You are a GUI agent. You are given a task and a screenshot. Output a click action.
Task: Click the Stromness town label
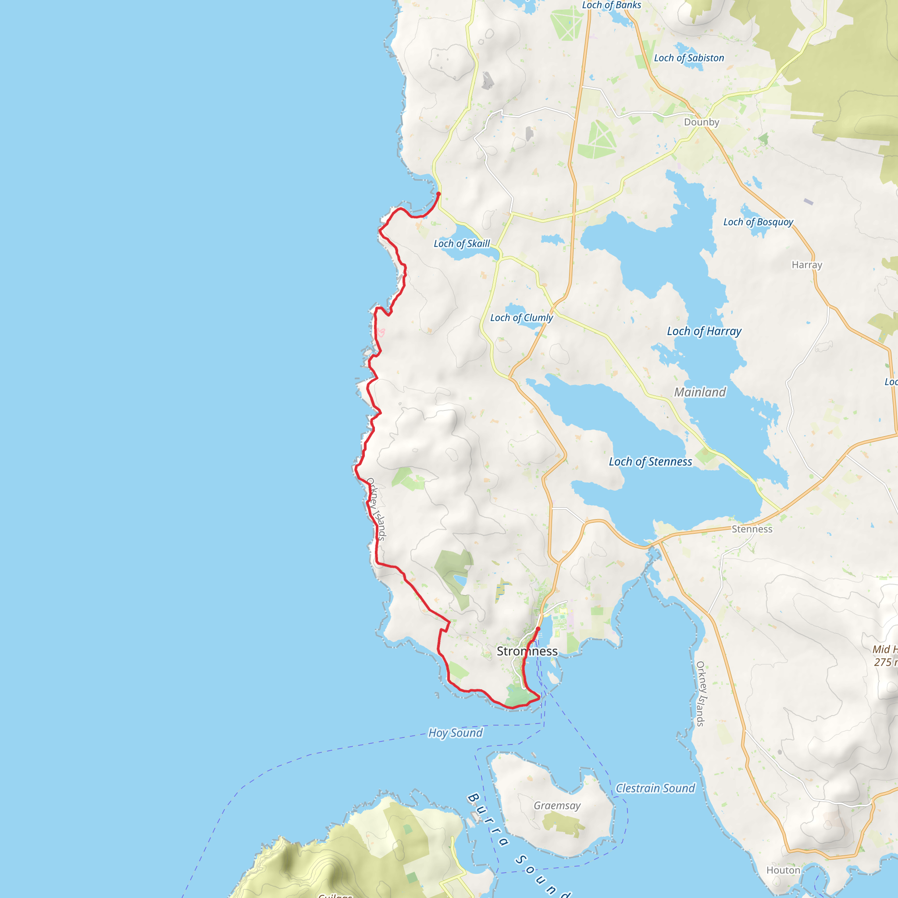(527, 651)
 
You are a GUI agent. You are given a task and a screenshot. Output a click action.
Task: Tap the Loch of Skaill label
(462, 243)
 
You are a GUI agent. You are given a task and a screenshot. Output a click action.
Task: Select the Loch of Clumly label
(521, 318)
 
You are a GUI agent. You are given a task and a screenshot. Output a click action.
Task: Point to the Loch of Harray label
(704, 331)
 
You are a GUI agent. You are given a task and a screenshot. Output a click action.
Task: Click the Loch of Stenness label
(650, 462)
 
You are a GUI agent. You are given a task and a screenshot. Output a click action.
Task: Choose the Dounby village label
(702, 122)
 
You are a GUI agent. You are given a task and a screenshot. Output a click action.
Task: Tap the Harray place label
(807, 265)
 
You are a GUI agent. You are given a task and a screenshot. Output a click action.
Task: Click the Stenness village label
(752, 529)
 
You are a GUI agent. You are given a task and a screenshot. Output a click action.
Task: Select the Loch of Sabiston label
(689, 58)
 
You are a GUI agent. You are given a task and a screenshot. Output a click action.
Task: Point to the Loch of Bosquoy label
(758, 222)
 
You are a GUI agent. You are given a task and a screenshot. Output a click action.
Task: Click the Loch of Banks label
(611, 5)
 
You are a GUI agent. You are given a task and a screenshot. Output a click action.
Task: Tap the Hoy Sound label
(455, 733)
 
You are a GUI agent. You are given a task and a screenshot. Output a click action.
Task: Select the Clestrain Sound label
(655, 788)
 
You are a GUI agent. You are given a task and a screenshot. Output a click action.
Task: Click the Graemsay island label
(557, 805)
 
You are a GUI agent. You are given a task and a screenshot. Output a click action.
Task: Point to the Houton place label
(783, 870)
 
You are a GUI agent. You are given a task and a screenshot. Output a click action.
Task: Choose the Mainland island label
(700, 392)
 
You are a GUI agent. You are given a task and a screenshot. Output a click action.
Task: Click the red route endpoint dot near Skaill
(438, 194)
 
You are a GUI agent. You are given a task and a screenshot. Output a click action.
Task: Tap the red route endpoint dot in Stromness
(538, 629)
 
